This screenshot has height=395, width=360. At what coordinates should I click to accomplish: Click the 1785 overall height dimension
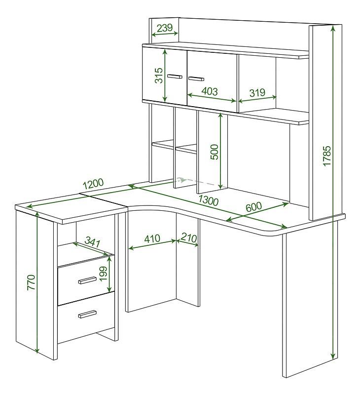click(326, 156)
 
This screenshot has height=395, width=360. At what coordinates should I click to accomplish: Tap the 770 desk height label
click(31, 282)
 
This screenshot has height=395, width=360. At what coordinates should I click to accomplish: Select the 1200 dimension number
click(93, 184)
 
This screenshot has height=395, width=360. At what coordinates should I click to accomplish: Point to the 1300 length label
click(208, 200)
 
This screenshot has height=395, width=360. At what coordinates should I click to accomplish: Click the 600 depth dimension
click(253, 207)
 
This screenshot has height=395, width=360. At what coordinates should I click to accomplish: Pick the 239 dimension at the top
click(165, 28)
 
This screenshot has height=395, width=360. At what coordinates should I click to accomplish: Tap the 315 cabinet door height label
click(159, 76)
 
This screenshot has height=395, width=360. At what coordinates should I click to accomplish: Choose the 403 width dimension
click(210, 91)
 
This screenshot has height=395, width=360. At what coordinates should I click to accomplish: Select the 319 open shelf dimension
click(257, 92)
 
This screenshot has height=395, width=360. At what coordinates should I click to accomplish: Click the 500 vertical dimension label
click(215, 152)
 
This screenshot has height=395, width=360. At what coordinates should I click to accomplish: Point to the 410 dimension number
click(152, 238)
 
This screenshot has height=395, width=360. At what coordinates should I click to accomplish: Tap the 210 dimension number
click(189, 237)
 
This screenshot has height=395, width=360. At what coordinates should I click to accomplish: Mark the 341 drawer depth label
click(93, 241)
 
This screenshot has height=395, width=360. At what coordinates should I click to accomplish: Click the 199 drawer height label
click(103, 274)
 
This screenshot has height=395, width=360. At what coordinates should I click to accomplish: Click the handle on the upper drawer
click(87, 280)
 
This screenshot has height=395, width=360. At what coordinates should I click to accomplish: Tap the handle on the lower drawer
click(87, 314)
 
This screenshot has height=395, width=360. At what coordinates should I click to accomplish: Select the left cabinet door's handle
click(175, 77)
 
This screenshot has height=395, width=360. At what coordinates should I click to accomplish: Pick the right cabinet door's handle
click(196, 79)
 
